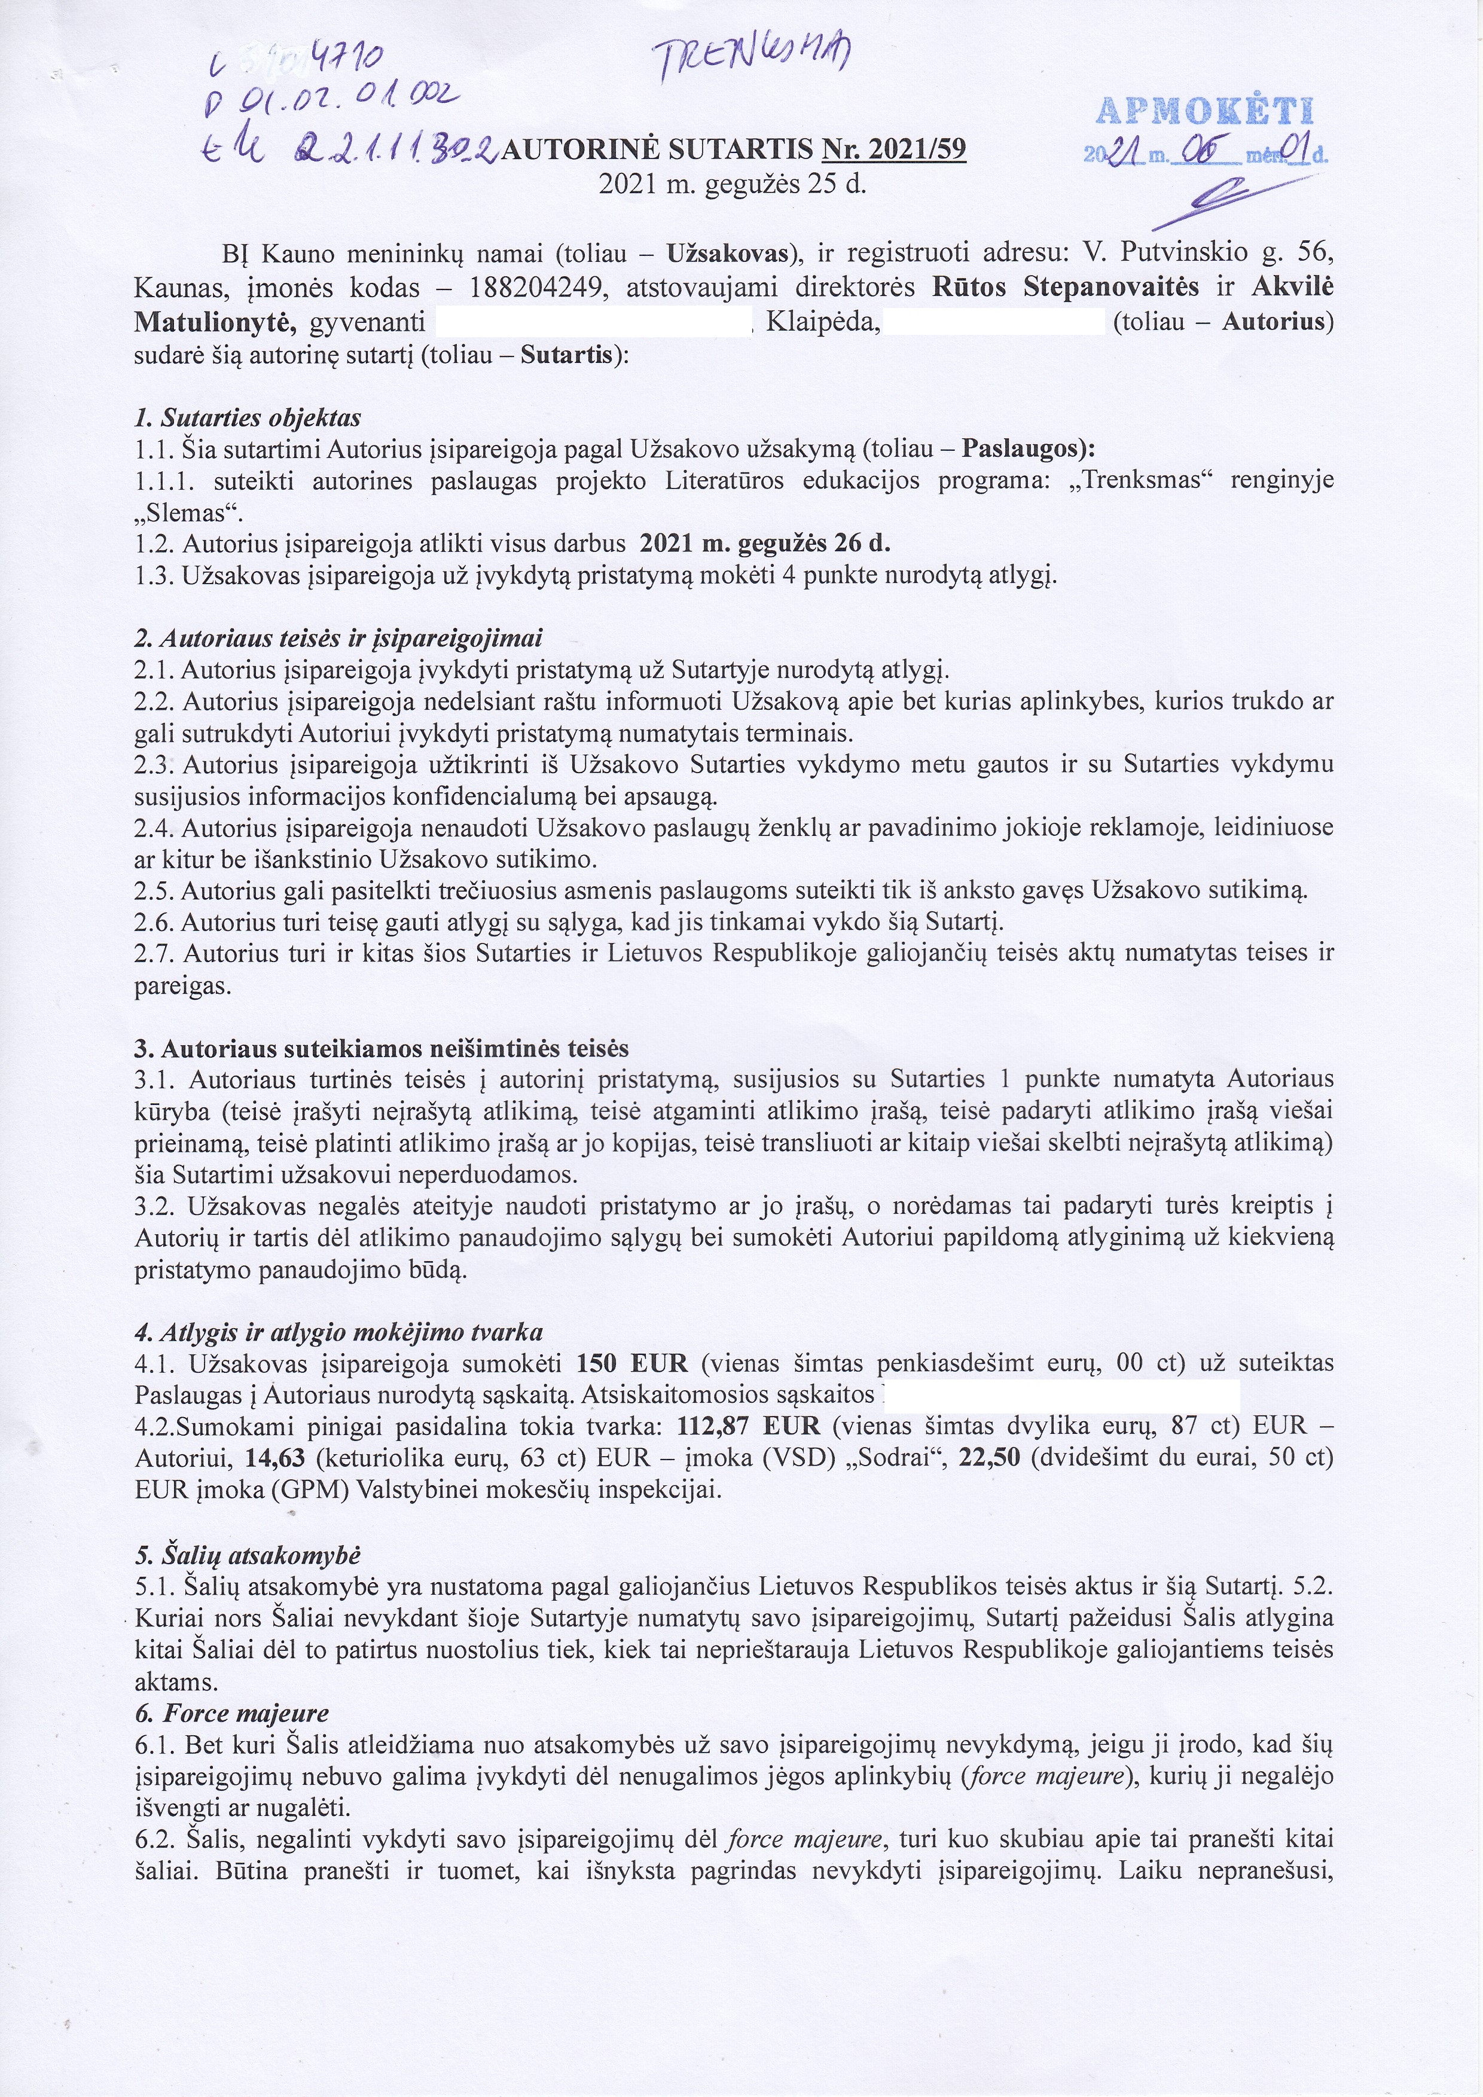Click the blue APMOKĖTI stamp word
pos(1204,111)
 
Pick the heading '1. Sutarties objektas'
pos(248,419)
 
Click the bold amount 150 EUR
pos(632,1363)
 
